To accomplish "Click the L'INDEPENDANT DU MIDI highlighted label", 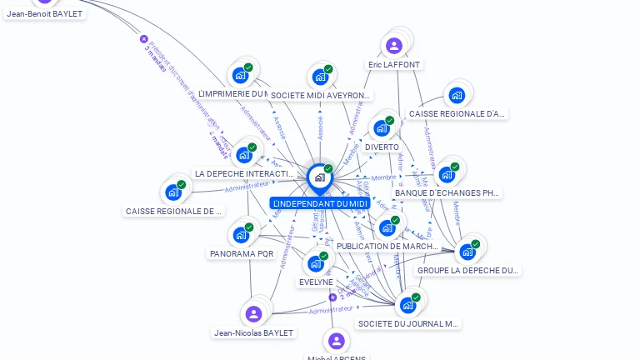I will (320, 203).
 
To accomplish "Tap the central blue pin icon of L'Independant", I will (319, 177).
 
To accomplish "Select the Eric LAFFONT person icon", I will (394, 45).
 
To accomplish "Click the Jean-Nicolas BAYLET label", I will (254, 332).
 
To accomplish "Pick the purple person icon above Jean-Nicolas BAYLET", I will (254, 313).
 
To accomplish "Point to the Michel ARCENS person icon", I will (336, 341).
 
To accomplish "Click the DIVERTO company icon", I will (382, 128).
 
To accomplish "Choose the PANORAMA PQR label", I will (242, 253).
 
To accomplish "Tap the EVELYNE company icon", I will (316, 263).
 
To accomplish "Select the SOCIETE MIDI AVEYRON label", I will (321, 96).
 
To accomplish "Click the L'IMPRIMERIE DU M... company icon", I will (241, 75).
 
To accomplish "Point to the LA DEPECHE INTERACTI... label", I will (244, 173).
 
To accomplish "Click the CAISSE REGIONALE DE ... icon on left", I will (173, 192).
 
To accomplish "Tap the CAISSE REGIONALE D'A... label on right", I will (457, 113).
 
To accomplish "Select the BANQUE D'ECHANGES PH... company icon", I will (447, 174).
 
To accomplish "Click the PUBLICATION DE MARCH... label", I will (387, 247).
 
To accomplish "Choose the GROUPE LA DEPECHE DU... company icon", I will (467, 252).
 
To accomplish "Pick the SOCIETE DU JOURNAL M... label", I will (408, 323).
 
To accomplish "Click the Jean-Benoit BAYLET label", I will (45, 13).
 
